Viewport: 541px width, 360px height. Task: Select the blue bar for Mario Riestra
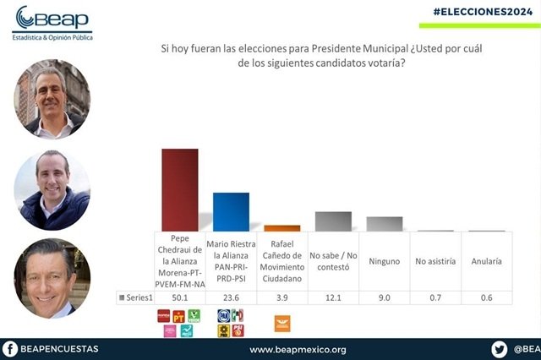point(231,211)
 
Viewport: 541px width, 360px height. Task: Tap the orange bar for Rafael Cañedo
point(281,227)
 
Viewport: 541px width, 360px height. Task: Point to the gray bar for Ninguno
point(384,223)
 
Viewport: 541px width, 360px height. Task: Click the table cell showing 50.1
point(180,297)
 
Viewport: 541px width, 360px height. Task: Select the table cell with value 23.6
point(231,297)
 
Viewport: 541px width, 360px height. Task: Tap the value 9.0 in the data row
point(384,297)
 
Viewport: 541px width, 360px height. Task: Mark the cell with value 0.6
point(486,297)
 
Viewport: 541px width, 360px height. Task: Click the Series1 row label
point(136,297)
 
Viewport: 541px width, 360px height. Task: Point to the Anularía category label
point(486,261)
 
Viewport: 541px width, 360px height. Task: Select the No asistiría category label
point(435,261)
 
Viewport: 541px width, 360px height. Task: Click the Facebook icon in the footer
point(10,348)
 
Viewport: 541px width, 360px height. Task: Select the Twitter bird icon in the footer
point(499,348)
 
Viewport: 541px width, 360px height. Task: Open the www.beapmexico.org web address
point(298,349)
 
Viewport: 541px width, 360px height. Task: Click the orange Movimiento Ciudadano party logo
point(282,321)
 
